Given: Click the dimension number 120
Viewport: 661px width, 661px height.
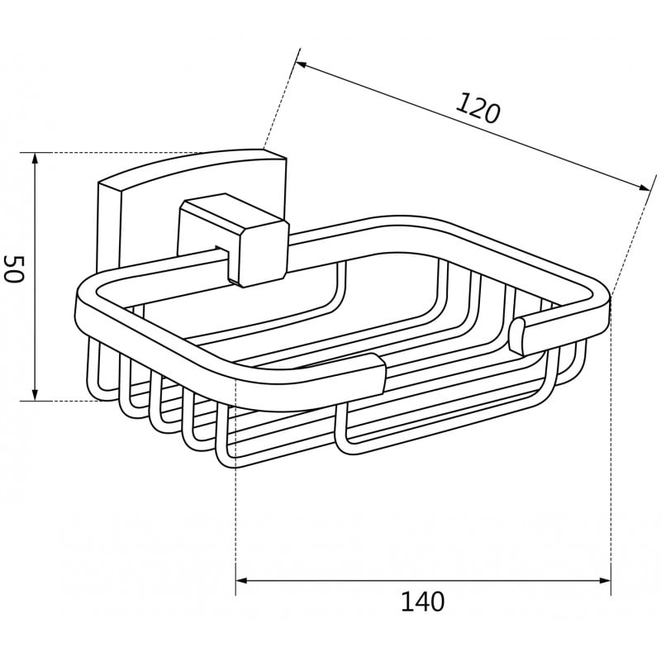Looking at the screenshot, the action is (478, 108).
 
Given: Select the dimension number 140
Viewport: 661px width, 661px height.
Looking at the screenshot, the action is (422, 602).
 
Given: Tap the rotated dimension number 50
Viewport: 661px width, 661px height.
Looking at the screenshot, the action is (13, 269).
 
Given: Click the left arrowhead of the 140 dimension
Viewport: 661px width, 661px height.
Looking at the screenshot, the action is (241, 581).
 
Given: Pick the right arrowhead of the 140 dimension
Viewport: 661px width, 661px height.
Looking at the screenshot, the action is (605, 581).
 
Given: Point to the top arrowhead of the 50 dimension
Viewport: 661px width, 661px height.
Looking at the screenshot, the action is (36, 159).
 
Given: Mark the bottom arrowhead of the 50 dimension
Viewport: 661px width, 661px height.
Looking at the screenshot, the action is (36, 395).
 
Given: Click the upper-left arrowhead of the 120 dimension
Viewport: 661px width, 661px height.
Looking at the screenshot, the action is (302, 65).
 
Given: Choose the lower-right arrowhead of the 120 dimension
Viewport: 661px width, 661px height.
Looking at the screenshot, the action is (644, 188).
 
